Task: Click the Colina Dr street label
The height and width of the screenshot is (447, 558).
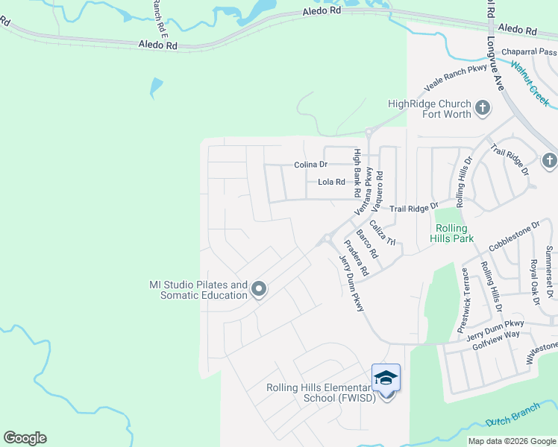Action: tap(310, 165)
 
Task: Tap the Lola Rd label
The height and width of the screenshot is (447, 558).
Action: tap(331, 182)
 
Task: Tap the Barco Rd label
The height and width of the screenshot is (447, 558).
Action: tap(366, 244)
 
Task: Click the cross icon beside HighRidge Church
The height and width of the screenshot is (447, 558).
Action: tap(482, 109)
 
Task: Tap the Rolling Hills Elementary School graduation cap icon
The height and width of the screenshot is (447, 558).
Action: tap(386, 378)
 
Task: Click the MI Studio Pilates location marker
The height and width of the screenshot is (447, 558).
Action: tap(259, 288)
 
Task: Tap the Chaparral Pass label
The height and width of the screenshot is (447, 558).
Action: tap(529, 52)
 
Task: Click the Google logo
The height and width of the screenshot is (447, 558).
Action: tap(25, 438)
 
